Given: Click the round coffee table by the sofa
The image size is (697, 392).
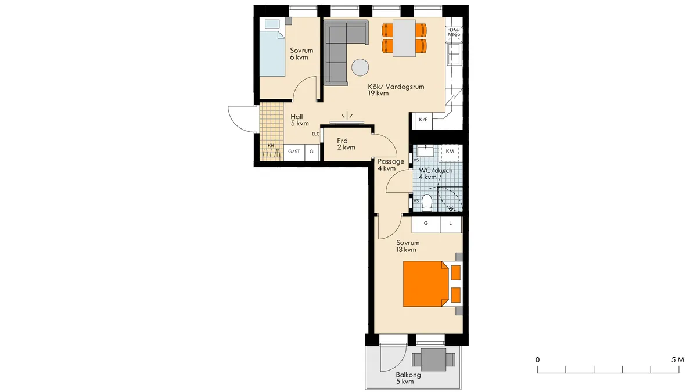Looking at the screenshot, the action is (x=360, y=67).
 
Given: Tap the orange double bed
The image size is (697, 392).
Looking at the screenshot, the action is (x=426, y=284).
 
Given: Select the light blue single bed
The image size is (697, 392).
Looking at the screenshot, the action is (x=272, y=53).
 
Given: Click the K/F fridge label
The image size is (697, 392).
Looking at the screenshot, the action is (x=423, y=120).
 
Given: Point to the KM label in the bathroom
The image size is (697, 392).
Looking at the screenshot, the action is (x=450, y=151).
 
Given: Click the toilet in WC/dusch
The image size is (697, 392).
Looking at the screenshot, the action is (x=427, y=203).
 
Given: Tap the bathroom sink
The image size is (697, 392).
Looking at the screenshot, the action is (x=425, y=152).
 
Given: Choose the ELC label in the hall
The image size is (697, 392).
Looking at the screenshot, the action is (x=316, y=134).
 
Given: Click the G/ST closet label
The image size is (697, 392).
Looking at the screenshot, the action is (x=294, y=152).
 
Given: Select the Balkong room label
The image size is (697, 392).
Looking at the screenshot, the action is (x=408, y=375).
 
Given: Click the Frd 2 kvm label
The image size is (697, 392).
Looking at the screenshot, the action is (x=346, y=144).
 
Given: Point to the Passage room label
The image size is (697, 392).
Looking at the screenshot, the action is (x=391, y=162).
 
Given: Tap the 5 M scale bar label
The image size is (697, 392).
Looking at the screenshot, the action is (x=678, y=360).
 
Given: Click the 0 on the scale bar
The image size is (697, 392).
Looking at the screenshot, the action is (x=537, y=360).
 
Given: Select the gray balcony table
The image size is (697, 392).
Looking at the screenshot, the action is (x=433, y=360).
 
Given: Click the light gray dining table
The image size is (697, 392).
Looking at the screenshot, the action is (x=404, y=38).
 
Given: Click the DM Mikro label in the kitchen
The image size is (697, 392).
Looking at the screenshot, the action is (x=454, y=33).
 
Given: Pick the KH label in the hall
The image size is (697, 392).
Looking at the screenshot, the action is (x=271, y=145).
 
